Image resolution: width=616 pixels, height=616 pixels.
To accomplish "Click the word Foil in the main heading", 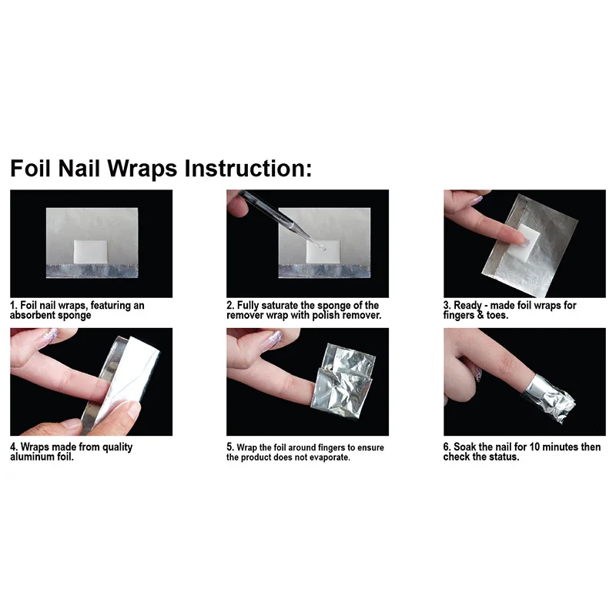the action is (x=31, y=169).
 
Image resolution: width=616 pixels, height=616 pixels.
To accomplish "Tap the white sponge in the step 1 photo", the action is (x=90, y=252).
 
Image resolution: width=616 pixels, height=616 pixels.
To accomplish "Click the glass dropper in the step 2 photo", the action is (x=282, y=220).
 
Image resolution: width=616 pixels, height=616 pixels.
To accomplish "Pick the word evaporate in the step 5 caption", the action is (x=330, y=457).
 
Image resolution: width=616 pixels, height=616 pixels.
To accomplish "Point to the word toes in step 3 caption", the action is (x=497, y=315).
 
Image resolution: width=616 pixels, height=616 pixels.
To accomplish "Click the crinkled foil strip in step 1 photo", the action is (x=92, y=271).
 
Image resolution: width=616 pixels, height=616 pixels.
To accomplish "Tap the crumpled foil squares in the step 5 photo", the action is (x=343, y=380).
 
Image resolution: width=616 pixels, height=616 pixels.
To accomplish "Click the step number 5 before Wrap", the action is (x=229, y=447).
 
